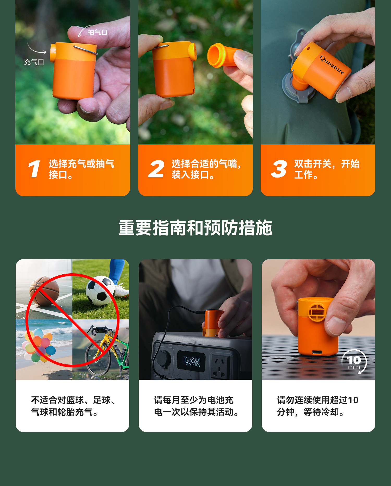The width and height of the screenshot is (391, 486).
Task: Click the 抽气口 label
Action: coord(97,33)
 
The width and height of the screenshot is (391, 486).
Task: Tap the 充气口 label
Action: coord(34,62)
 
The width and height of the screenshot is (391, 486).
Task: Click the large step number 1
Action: coord(34,169)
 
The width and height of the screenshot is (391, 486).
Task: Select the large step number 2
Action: coord(156,169)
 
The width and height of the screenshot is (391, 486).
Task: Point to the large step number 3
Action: coord(279,169)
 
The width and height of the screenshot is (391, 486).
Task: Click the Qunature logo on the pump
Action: coord(332,65)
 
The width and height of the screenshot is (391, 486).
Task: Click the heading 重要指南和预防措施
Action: coord(195,228)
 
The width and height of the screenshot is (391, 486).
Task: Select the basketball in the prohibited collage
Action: coord(44,291)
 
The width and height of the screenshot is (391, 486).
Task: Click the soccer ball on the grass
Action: coord(100,290)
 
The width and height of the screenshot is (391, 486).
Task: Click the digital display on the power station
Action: coord(191,361)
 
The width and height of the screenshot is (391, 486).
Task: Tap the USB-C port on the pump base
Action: coord(318,352)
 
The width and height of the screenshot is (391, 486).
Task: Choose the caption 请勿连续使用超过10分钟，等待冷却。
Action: coord(317,406)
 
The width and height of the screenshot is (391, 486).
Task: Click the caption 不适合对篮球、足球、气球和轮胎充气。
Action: coord(73,406)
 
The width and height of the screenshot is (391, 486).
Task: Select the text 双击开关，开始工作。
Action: coord(327,169)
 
